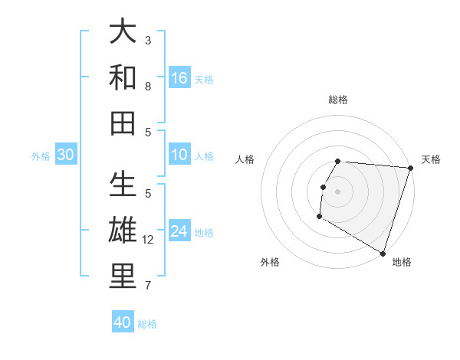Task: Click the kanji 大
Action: [x=123, y=31]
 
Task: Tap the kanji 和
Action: [x=123, y=77]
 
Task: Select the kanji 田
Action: [x=123, y=123]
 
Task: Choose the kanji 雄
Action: [x=123, y=231]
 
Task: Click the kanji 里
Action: [x=123, y=277]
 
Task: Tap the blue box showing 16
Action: [x=179, y=77]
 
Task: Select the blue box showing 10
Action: [x=179, y=155]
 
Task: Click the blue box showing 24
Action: [x=179, y=232]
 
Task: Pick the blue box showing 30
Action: [x=66, y=155]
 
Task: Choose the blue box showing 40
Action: [x=123, y=323]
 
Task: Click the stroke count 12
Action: [x=148, y=240]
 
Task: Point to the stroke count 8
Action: [x=148, y=87]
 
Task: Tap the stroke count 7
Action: [x=148, y=286]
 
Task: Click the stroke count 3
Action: [x=148, y=41]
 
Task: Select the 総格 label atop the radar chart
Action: [x=338, y=100]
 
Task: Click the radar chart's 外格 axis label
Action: [x=270, y=262]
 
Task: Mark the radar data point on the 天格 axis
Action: [x=410, y=168]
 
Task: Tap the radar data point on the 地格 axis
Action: [x=383, y=253]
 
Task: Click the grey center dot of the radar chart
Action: [x=337, y=191]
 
